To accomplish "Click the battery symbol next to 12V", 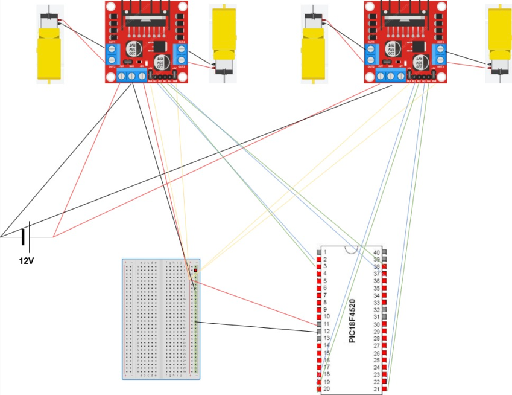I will click(x=24, y=237).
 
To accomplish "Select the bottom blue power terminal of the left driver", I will click(x=132, y=76).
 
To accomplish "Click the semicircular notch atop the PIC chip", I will click(x=351, y=249).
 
